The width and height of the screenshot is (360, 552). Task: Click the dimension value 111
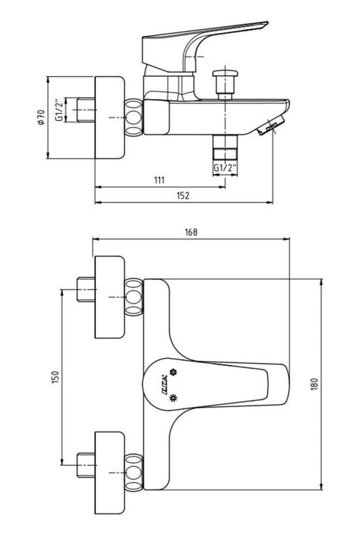click(159, 180)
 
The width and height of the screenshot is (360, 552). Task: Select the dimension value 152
click(183, 195)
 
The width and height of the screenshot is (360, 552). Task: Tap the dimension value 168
click(191, 232)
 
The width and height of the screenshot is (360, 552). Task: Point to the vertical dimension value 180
click(314, 384)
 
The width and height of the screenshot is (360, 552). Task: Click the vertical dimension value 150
click(56, 377)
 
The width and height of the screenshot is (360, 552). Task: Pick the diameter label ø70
click(40, 117)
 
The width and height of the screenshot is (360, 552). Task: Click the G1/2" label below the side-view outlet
click(225, 168)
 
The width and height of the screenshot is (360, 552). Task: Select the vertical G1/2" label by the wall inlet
click(58, 110)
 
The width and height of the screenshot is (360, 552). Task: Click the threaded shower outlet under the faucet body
click(225, 148)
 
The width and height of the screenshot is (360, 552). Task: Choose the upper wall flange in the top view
click(109, 297)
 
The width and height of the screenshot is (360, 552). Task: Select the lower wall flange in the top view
click(109, 473)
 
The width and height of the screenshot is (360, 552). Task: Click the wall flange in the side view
click(109, 117)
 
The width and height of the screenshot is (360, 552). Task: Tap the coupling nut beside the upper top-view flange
click(133, 297)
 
